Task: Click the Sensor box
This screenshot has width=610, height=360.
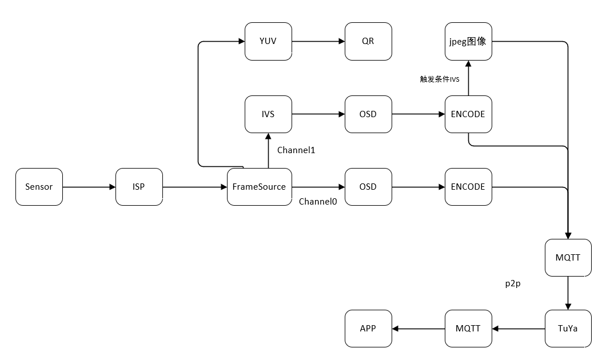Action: [x=39, y=187]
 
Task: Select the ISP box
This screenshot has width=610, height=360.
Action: [x=139, y=187]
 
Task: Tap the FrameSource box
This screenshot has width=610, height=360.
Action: [x=259, y=187]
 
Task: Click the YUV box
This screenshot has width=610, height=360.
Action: [x=268, y=41]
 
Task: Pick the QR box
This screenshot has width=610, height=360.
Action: [x=368, y=41]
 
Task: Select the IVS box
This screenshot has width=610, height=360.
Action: [x=268, y=114]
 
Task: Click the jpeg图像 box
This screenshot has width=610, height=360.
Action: [x=468, y=41]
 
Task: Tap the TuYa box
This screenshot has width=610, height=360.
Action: [x=568, y=329]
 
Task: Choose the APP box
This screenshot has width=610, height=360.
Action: [x=368, y=329]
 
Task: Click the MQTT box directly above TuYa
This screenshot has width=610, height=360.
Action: [x=568, y=258]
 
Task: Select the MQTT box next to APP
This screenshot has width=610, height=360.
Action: [x=468, y=329]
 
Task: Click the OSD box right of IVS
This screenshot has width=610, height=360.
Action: [x=368, y=114]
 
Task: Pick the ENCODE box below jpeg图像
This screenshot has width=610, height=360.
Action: [x=468, y=114]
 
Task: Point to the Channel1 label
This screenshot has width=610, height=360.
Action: [x=296, y=150]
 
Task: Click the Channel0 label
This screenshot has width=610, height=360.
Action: [x=318, y=202]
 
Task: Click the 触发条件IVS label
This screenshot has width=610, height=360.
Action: [x=440, y=79]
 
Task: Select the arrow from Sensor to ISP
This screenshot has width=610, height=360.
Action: [x=89, y=187]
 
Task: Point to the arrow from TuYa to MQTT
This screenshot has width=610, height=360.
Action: [x=518, y=329]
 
